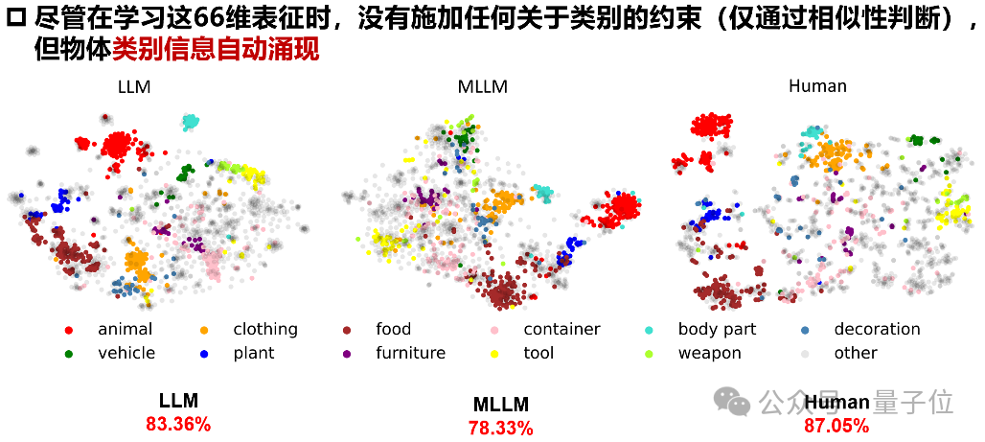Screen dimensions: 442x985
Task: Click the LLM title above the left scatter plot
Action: (x=134, y=86)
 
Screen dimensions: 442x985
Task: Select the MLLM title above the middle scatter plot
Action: (x=482, y=86)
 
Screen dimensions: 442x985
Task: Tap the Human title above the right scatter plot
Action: (x=817, y=86)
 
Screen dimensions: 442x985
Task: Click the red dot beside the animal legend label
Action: (x=69, y=330)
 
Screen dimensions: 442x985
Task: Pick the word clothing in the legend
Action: (x=265, y=330)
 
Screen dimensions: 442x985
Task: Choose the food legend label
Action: (x=393, y=330)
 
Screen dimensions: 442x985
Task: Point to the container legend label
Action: (x=561, y=330)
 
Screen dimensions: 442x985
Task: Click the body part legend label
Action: (x=717, y=330)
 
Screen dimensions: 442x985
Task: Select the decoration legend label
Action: (x=877, y=330)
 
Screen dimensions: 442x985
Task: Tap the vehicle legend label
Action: (x=126, y=353)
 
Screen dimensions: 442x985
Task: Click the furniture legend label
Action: (x=410, y=353)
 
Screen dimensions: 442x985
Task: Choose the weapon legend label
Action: (x=710, y=353)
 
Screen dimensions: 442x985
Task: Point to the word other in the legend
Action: (x=856, y=353)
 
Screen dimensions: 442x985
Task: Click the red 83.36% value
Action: (x=178, y=424)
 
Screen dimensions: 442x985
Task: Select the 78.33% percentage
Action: (x=501, y=429)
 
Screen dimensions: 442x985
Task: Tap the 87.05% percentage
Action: (x=837, y=425)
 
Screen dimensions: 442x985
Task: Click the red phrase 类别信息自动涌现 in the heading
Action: (x=216, y=48)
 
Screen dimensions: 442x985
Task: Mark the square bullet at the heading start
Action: (x=14, y=16)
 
